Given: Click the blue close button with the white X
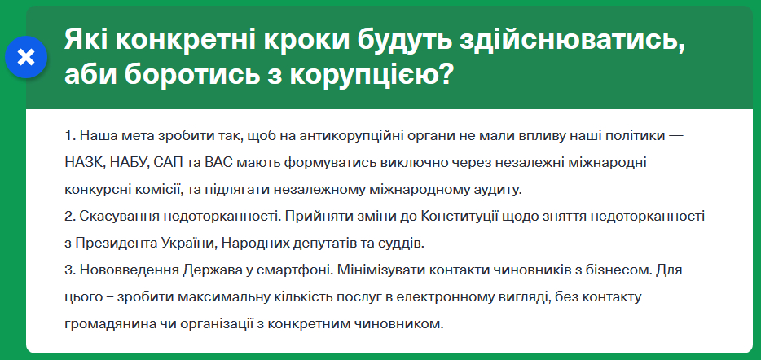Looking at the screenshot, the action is coord(26,58).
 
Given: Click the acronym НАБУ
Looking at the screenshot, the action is coord(122,163).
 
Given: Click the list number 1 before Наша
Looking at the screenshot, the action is coord(68,135).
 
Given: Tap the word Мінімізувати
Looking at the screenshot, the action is coord(380,270).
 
